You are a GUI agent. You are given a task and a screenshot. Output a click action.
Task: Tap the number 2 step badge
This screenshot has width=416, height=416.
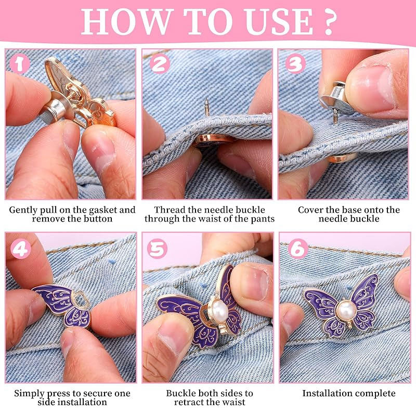coord(159,64)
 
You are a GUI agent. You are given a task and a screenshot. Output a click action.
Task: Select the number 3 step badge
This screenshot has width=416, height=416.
coord(295,64)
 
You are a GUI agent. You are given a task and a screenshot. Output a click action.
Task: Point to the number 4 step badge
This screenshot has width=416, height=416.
coord(21,250)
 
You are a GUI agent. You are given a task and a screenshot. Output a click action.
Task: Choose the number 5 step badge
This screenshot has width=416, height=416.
coord(157,249)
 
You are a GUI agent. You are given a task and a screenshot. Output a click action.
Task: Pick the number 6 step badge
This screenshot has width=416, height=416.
coord(298,249)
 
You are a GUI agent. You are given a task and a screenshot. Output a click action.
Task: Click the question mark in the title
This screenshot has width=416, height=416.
coord(329,22)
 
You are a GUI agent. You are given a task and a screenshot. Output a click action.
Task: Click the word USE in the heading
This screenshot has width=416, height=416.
coord(279,22)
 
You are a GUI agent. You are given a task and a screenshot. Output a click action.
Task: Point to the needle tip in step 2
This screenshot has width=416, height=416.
coord(206,100)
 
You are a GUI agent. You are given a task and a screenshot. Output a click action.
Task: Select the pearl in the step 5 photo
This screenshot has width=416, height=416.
coord(220,309)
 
